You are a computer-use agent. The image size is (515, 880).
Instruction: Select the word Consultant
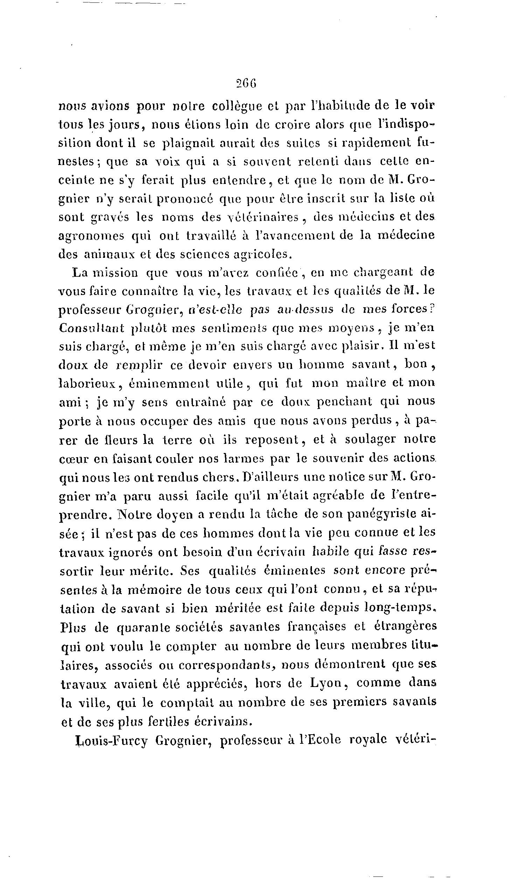pyautogui.click(x=92, y=328)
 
